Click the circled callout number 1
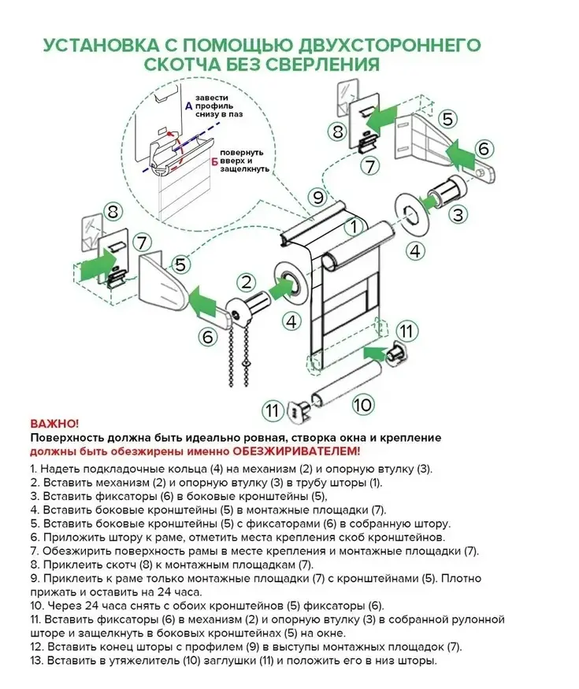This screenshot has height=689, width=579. pyautogui.click(x=354, y=227)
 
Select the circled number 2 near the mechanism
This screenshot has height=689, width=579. pyautogui.click(x=247, y=282)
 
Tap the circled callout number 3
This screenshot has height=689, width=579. pyautogui.click(x=459, y=214)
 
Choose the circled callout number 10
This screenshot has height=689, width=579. pyautogui.click(x=362, y=405)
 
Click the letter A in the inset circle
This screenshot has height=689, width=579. pyautogui.click(x=187, y=106)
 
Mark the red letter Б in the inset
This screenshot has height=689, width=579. pyautogui.click(x=214, y=161)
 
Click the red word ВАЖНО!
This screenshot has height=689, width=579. pyautogui.click(x=55, y=424)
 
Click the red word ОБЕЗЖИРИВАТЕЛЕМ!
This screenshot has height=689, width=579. pyautogui.click(x=297, y=451)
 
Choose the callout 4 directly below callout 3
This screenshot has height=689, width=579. pyautogui.click(x=415, y=252)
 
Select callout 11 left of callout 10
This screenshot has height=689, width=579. pyautogui.click(x=272, y=410)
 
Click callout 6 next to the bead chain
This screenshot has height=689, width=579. pyautogui.click(x=208, y=337)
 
